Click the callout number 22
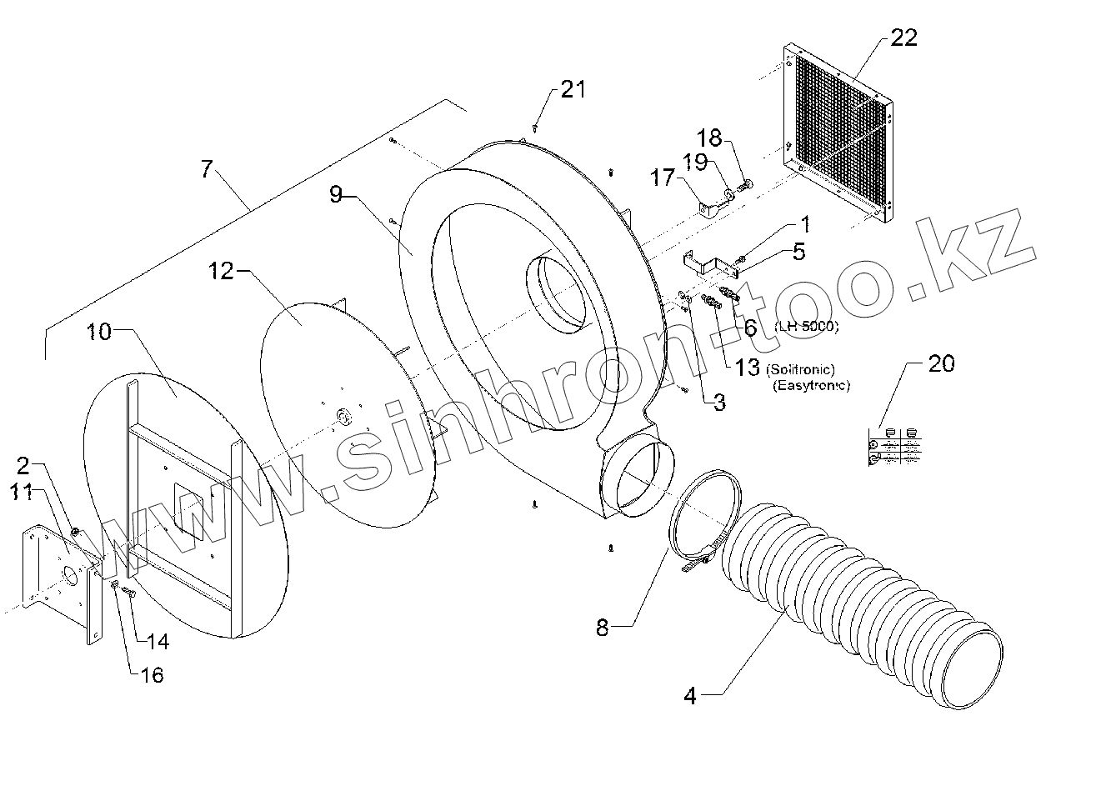(903, 38)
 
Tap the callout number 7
(206, 168)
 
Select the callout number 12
(221, 270)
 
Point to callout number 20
(941, 363)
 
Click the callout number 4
(689, 695)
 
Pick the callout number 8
(603, 627)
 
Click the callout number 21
(573, 90)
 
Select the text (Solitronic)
(802, 369)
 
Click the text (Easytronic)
(811, 385)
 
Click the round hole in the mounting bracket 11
(71, 575)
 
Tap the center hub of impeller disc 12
(342, 415)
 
